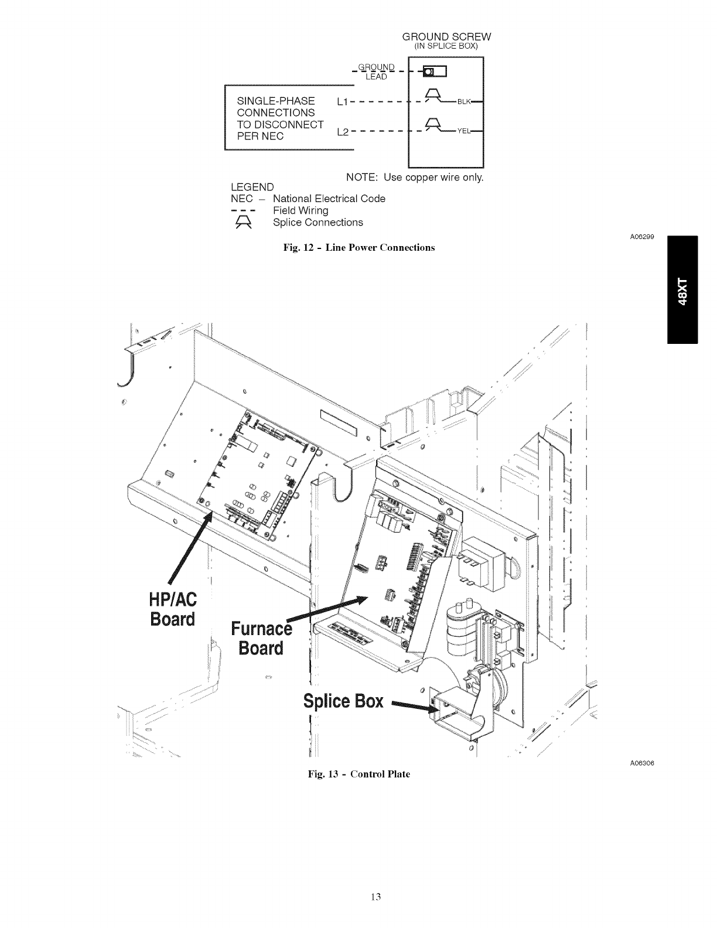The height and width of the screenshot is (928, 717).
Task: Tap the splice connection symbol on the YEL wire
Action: [x=432, y=125]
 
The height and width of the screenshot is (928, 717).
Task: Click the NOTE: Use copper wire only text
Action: [x=415, y=177]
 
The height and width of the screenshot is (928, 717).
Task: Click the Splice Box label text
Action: [x=343, y=701]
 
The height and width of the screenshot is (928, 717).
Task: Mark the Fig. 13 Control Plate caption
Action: [x=359, y=774]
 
